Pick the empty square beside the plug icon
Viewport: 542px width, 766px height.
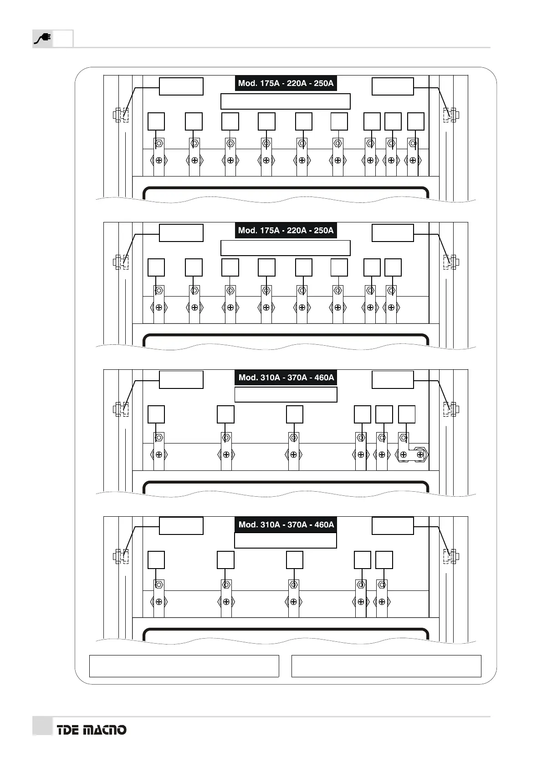63,39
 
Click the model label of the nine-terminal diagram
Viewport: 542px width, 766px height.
286,83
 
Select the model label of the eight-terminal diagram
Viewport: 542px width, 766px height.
286,230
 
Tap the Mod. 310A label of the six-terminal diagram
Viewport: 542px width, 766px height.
286,378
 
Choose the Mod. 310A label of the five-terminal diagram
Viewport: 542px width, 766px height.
286,524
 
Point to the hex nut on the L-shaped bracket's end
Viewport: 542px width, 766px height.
422,454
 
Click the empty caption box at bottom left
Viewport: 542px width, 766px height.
184,666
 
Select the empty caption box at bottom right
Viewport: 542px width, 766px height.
386,666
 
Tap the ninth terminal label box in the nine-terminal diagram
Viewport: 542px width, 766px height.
415,121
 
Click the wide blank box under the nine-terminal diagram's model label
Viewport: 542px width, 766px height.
286,101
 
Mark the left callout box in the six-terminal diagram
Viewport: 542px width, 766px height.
181,380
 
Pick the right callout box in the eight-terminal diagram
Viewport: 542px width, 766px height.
393,233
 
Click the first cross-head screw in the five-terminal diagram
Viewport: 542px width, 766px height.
159,602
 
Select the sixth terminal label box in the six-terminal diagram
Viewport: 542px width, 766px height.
407,414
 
